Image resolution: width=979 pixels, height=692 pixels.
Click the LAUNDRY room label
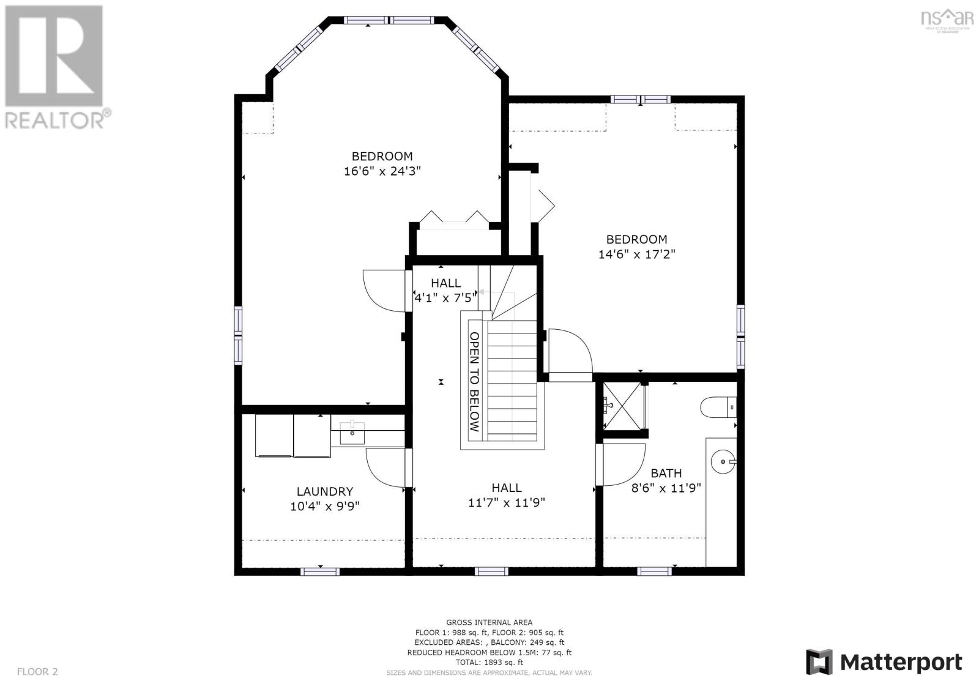(x=324, y=491)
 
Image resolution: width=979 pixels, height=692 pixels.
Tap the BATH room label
(x=666, y=473)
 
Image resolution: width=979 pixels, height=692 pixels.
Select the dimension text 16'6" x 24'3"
(x=382, y=171)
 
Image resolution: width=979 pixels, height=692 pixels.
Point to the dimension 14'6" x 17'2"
(x=636, y=255)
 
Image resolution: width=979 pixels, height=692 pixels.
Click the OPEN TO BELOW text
(x=474, y=382)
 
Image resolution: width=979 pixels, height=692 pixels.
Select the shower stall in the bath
(x=623, y=406)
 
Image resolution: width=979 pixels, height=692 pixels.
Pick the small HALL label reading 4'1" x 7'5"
(x=445, y=291)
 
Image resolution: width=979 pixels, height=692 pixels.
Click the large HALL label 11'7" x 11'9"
(x=507, y=495)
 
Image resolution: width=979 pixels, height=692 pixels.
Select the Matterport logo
(x=884, y=662)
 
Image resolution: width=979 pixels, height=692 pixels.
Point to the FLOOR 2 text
(x=37, y=672)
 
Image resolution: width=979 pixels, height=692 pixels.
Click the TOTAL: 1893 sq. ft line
(x=489, y=662)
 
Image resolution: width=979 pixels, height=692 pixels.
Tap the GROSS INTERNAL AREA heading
(x=489, y=622)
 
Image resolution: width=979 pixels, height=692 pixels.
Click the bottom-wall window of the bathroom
(x=655, y=571)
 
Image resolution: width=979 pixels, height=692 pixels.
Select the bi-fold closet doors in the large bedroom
(x=453, y=218)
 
